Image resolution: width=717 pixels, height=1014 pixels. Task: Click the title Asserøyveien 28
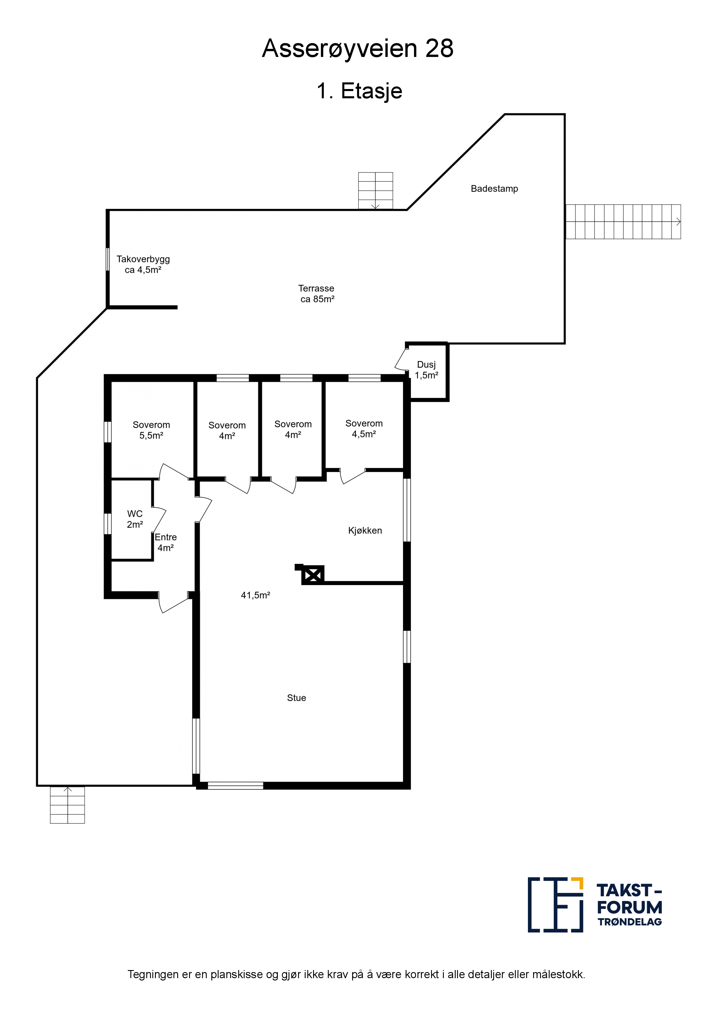(x=358, y=49)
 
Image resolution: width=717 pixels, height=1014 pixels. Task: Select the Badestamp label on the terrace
(x=494, y=188)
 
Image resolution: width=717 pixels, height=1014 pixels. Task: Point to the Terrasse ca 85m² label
(x=317, y=294)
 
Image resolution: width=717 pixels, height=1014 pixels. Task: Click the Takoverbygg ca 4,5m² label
(x=143, y=264)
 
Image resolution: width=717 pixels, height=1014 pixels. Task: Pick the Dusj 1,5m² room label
(x=426, y=370)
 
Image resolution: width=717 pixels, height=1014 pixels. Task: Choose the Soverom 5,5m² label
(x=151, y=430)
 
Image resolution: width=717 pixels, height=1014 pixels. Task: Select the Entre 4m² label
(x=166, y=542)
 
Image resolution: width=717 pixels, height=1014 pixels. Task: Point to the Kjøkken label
(x=365, y=530)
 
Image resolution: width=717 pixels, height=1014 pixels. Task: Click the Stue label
(x=296, y=698)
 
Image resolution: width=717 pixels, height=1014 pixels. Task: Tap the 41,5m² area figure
(x=255, y=595)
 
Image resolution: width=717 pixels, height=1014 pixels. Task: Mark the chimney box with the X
(x=313, y=575)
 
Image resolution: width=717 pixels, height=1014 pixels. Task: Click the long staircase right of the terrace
(x=623, y=222)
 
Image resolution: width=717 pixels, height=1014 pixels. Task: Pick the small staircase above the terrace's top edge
(x=376, y=190)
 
